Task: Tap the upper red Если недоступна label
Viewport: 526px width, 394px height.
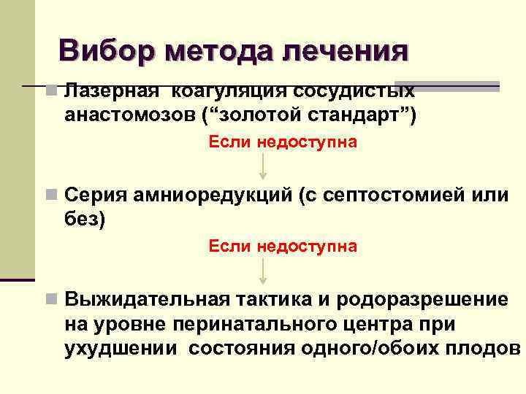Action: (283, 142)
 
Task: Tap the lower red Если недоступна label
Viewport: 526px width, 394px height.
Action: (283, 246)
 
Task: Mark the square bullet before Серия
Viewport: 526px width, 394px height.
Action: (50, 195)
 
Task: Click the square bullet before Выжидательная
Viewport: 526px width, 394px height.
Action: (50, 299)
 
